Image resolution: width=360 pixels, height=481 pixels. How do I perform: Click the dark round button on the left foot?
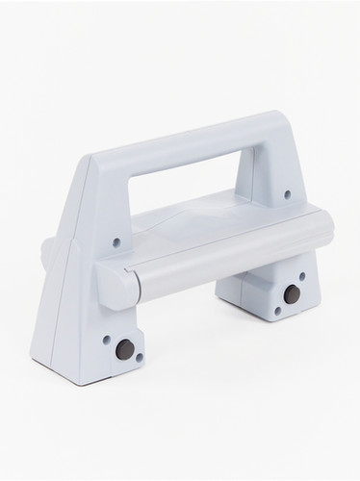click(123, 351)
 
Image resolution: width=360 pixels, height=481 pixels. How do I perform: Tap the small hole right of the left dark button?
click(141, 358)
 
